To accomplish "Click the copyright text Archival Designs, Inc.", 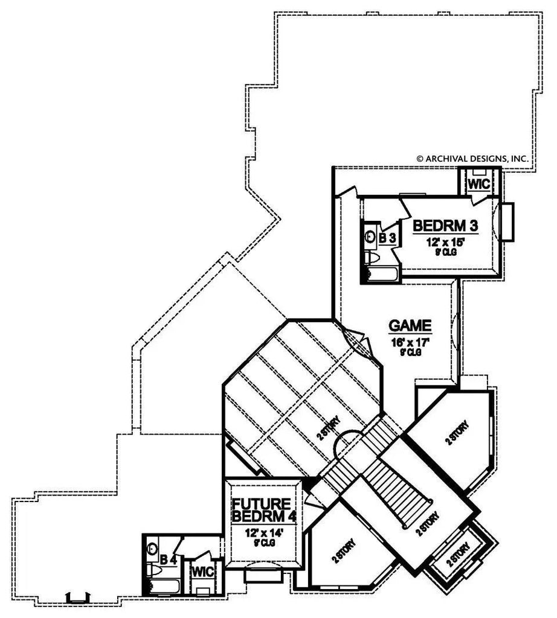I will (472, 158).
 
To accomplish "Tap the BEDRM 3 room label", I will (445, 226).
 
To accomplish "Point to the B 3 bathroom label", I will (387, 237).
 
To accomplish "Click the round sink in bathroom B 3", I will (369, 238).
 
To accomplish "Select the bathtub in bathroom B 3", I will (382, 275).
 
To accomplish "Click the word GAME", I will (410, 326).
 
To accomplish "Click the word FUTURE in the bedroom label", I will (262, 504).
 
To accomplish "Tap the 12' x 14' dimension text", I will (261, 533).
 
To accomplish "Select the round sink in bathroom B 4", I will (152, 549).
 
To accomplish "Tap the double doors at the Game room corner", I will (357, 342).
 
